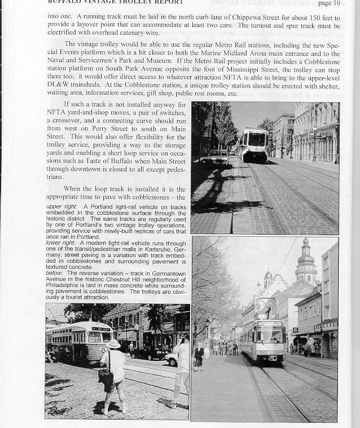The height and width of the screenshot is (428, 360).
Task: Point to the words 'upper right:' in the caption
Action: pos(62,207)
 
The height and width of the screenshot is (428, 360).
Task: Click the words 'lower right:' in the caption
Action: pos(61,242)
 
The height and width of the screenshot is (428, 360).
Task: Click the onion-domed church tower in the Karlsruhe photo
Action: pos(306,261)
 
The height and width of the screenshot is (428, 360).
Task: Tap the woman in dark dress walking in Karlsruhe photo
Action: pos(199,356)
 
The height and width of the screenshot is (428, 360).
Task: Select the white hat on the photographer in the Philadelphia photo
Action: pos(113,343)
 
